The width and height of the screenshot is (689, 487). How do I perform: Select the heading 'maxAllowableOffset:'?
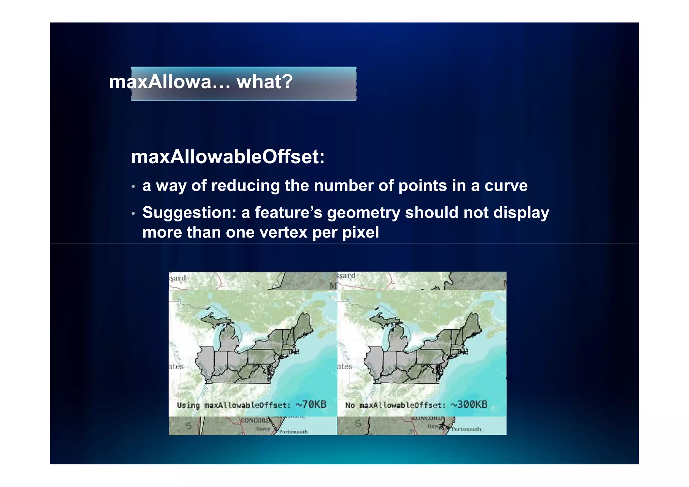click(x=228, y=157)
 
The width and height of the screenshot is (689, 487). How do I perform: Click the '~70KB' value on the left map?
click(x=311, y=404)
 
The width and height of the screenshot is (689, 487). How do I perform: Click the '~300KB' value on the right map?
click(x=469, y=404)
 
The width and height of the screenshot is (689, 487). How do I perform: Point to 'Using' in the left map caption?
click(x=188, y=405)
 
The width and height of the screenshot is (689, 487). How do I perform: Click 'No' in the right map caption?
click(x=350, y=405)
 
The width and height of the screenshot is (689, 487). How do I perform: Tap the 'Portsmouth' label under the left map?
click(x=293, y=432)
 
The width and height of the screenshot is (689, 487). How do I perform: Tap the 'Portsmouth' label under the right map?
click(x=466, y=429)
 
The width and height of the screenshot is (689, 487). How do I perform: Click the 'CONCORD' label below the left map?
click(x=255, y=421)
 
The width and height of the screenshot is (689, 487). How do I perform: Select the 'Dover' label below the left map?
click(x=263, y=429)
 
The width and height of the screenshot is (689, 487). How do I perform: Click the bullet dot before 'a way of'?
click(x=133, y=187)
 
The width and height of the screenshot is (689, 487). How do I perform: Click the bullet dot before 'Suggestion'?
click(x=133, y=214)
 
